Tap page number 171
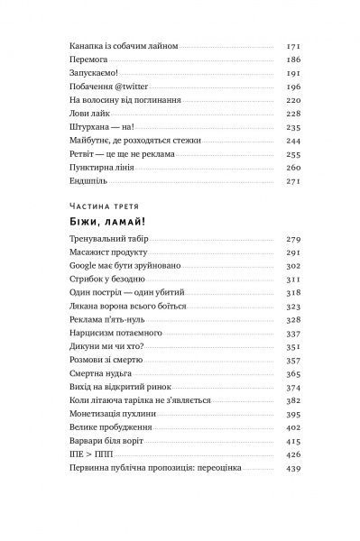pyautogui.click(x=291, y=44)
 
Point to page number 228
pyautogui.click(x=291, y=115)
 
